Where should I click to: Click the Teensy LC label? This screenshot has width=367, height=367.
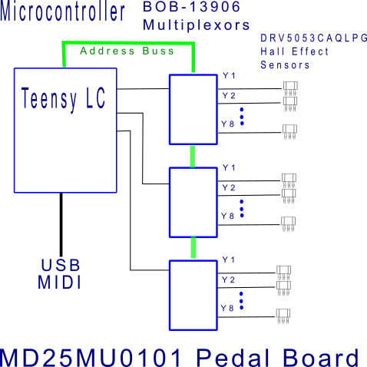(63, 98)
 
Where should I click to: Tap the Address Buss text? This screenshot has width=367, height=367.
(127, 51)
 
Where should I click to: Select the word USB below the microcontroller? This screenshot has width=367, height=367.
(61, 265)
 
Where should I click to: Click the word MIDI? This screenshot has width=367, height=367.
(59, 283)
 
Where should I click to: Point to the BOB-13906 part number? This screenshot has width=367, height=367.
(192, 6)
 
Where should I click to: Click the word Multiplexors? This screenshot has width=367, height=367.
(197, 25)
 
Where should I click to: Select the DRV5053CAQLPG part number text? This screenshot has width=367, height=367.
(314, 38)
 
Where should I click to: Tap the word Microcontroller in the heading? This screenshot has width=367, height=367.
(62, 12)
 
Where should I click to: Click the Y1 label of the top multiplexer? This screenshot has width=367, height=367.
(229, 75)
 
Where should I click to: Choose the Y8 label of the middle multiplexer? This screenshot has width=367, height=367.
(228, 216)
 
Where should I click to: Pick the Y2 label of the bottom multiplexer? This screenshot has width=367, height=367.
(228, 279)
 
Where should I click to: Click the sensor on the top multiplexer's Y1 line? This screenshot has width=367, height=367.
(290, 88)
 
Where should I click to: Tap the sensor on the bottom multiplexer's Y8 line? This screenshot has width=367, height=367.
(283, 316)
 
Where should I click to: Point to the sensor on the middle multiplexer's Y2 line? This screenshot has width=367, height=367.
(289, 196)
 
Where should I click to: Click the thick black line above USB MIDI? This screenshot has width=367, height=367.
(61, 224)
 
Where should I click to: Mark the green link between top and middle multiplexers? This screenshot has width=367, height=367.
(193, 157)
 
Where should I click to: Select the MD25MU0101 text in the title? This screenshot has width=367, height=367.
(91, 358)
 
